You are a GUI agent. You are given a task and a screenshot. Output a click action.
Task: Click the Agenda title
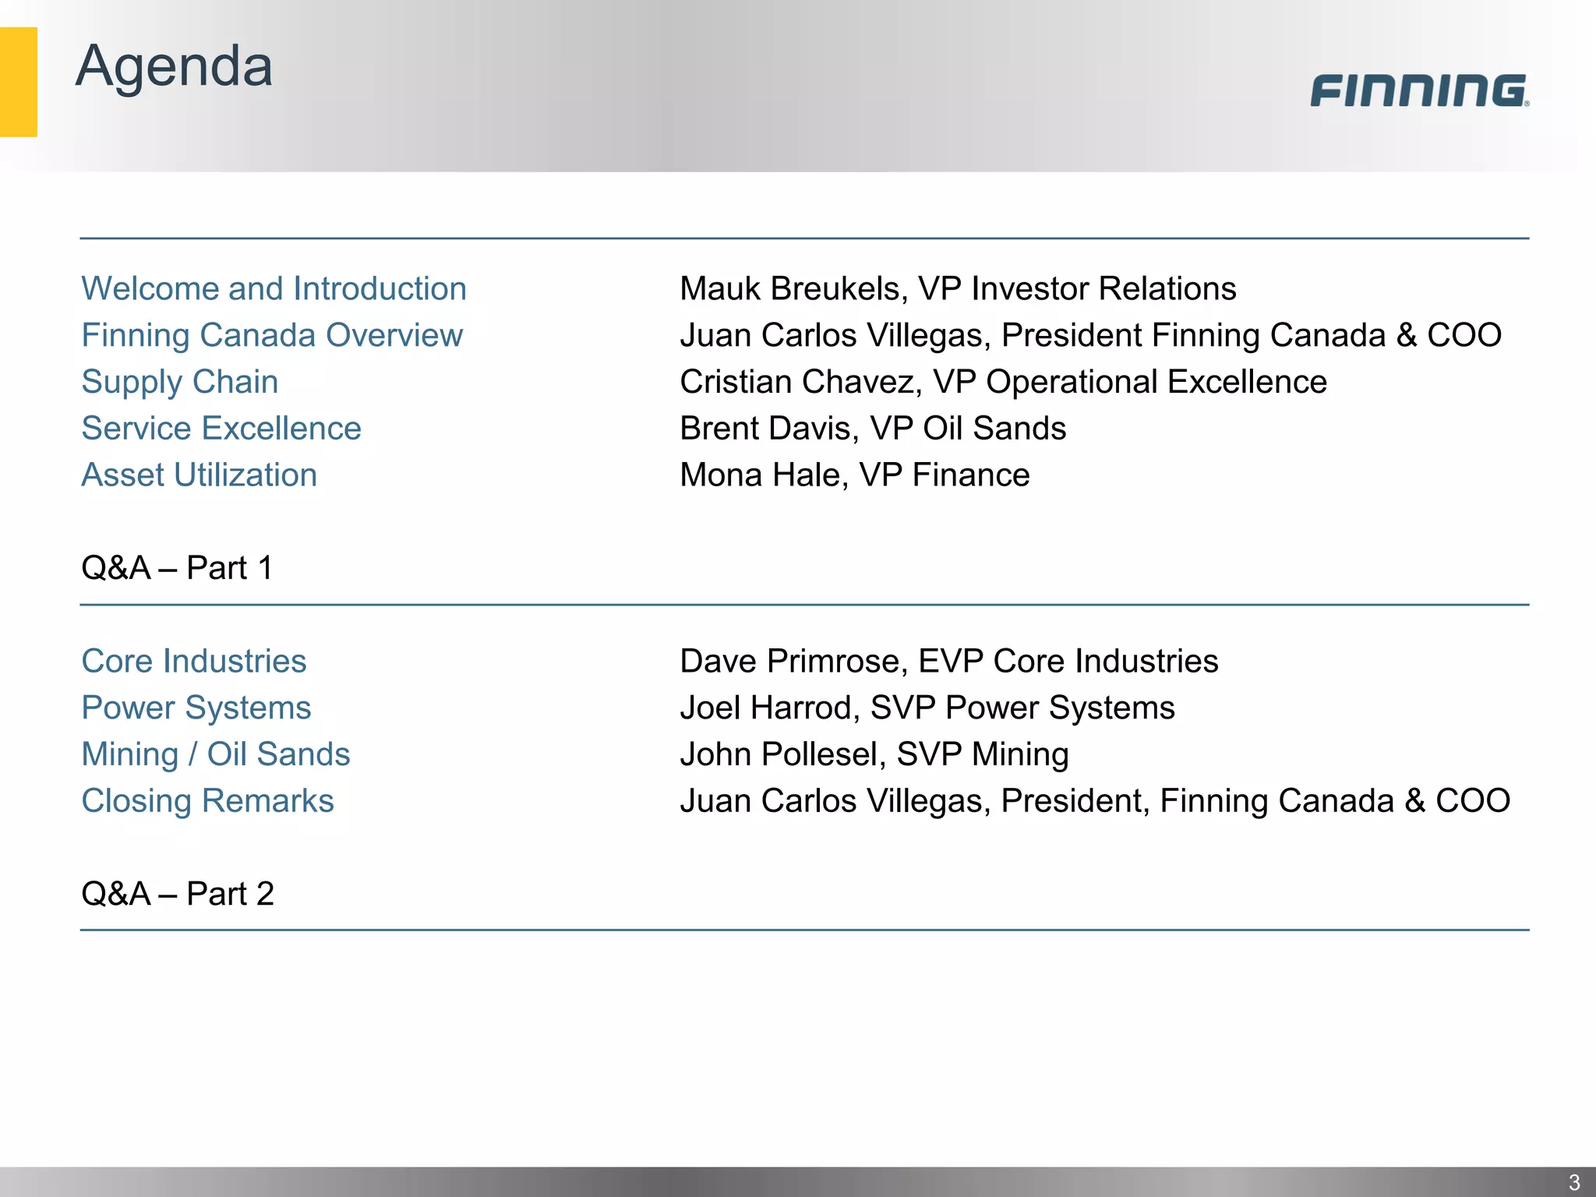(174, 67)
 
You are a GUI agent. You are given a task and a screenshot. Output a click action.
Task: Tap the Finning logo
(1419, 90)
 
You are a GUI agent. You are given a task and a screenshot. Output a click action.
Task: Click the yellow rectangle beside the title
(18, 82)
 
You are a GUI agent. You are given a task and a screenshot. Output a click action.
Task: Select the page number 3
(1573, 1181)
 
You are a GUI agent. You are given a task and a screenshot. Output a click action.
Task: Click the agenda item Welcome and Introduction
(274, 289)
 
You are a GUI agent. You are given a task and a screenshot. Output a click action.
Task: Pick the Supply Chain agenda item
(179, 382)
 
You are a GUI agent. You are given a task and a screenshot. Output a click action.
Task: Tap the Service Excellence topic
(221, 429)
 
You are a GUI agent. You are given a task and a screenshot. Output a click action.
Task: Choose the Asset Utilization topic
(199, 475)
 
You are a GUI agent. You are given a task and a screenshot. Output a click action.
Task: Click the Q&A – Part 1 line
(177, 568)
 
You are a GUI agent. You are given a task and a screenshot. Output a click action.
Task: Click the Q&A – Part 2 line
(177, 894)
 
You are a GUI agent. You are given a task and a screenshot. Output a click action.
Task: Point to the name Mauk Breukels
(789, 289)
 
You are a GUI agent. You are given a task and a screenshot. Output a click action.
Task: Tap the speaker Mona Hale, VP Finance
(854, 475)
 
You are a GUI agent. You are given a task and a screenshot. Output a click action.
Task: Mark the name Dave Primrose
(789, 662)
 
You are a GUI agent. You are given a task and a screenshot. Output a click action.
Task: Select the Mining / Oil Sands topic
(216, 754)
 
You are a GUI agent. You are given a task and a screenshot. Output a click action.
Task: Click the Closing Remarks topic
(207, 801)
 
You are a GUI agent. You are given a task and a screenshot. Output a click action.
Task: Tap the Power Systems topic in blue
(196, 708)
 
